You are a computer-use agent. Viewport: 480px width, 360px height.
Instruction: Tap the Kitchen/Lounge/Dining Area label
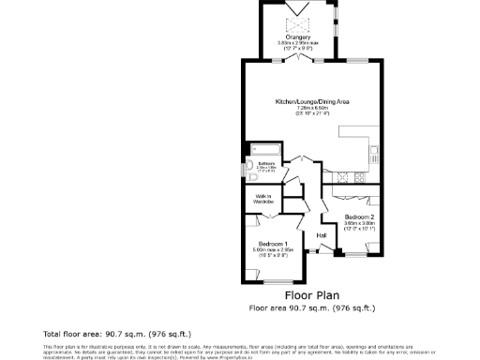coord(313,101)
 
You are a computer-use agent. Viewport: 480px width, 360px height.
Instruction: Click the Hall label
coord(321,234)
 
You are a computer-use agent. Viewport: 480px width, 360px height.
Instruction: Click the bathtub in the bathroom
coord(260,148)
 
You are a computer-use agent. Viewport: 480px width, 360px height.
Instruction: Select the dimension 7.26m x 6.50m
coord(313,108)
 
